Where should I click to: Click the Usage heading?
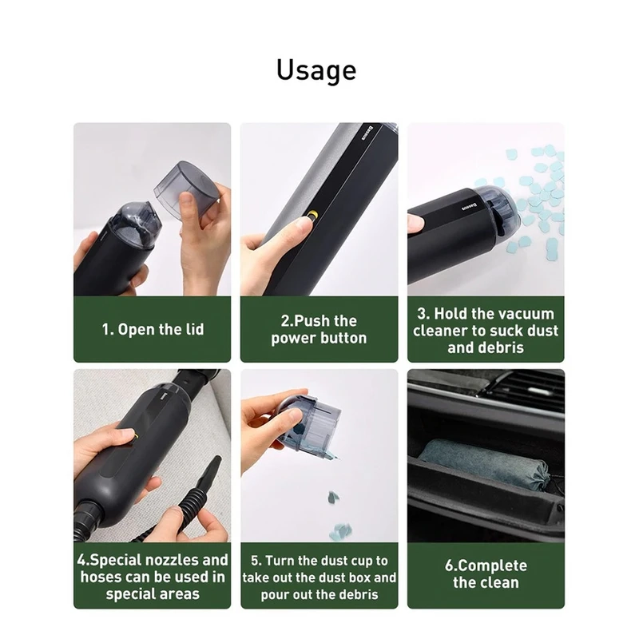[x=316, y=71]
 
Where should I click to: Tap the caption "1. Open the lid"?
[x=153, y=329]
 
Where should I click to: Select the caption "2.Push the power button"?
[x=319, y=329]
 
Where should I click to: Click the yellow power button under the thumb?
[x=313, y=215]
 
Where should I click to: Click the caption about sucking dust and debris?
[x=486, y=331]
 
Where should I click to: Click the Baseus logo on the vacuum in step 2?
[x=368, y=133]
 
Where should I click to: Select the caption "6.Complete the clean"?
[x=486, y=574]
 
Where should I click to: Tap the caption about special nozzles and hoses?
[x=153, y=577]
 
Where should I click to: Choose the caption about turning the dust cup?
[x=319, y=577]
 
